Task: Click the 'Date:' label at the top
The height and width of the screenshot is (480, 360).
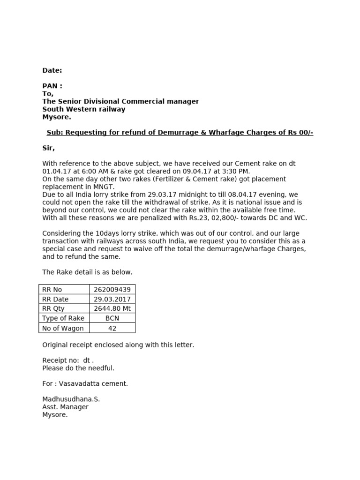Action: pyautogui.click(x=52, y=70)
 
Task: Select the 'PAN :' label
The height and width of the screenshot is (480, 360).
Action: pyautogui.click(x=52, y=86)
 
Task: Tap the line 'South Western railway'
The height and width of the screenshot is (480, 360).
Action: pyautogui.click(x=84, y=109)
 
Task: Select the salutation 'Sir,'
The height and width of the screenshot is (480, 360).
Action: pyautogui.click(x=48, y=148)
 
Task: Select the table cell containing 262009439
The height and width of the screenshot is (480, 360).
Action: pyautogui.click(x=112, y=290)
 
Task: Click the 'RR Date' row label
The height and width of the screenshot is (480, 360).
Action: pyautogui.click(x=55, y=299)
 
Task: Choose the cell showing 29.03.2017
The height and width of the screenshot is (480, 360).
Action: pyautogui.click(x=112, y=299)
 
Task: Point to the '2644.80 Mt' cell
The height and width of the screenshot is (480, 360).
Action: pyautogui.click(x=112, y=308)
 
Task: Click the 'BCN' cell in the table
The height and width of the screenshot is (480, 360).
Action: pyautogui.click(x=112, y=318)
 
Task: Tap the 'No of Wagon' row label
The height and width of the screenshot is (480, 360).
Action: pyautogui.click(x=63, y=328)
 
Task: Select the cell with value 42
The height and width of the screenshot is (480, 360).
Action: pyautogui.click(x=112, y=328)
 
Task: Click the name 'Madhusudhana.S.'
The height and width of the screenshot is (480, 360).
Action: pyautogui.click(x=71, y=399)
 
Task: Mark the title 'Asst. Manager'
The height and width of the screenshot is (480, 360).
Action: pyautogui.click(x=65, y=407)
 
